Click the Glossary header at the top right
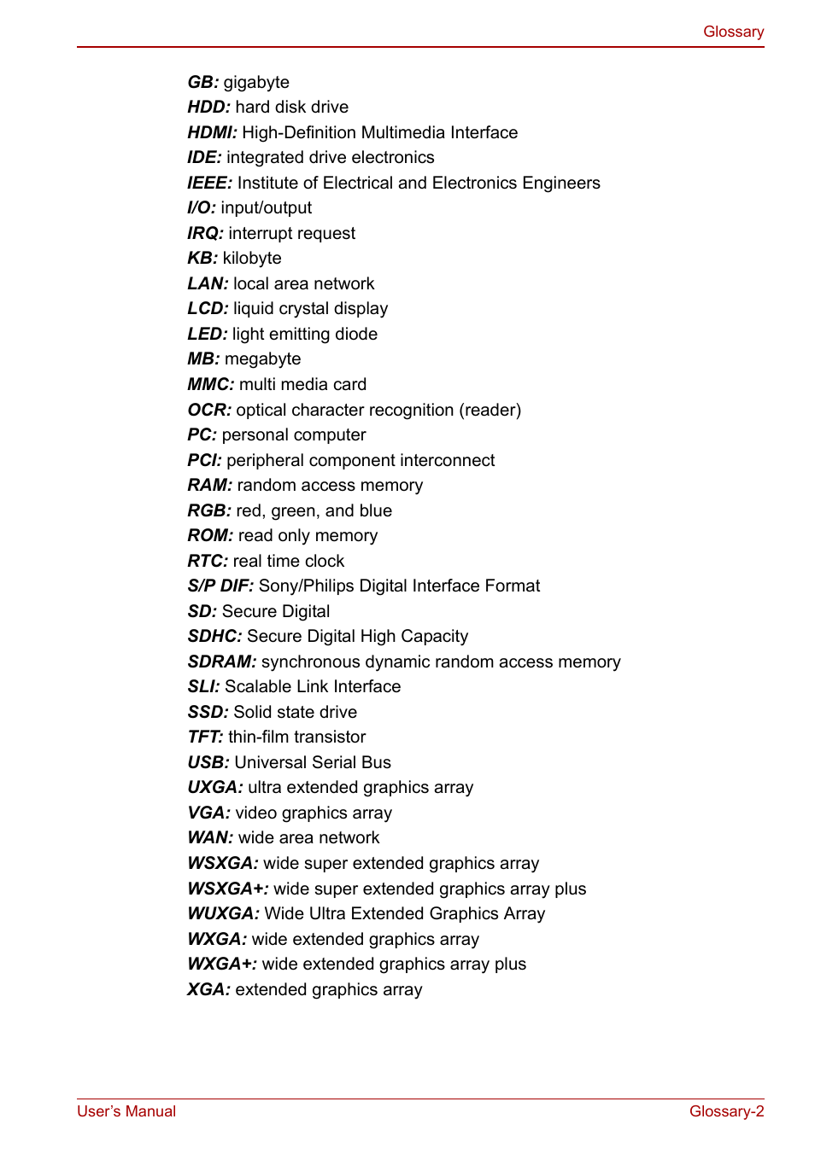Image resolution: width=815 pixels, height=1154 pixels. (733, 32)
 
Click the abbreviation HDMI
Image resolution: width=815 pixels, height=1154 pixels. (211, 132)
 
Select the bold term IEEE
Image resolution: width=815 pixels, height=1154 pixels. (208, 183)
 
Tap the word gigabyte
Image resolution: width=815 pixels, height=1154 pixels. (256, 83)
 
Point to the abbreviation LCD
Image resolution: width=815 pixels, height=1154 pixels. (207, 309)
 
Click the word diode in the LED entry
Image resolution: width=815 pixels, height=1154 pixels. (356, 334)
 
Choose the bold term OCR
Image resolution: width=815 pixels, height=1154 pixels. (208, 410)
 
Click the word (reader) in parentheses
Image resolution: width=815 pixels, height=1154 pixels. (490, 410)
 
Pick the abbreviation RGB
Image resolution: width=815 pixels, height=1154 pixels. (208, 510)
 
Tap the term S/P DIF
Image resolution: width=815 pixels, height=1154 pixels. (220, 586)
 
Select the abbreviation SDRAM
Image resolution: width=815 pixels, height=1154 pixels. (221, 662)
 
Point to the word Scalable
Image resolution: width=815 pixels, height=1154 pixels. (258, 686)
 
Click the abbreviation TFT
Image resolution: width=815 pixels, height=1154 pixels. (204, 737)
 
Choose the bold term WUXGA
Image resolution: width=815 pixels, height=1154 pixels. (222, 913)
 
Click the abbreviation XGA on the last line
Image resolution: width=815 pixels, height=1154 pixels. (208, 989)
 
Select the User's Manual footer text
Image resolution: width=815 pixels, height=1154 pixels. (126, 1111)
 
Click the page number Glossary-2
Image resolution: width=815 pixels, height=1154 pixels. (726, 1111)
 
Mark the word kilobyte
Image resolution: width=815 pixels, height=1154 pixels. (252, 259)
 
